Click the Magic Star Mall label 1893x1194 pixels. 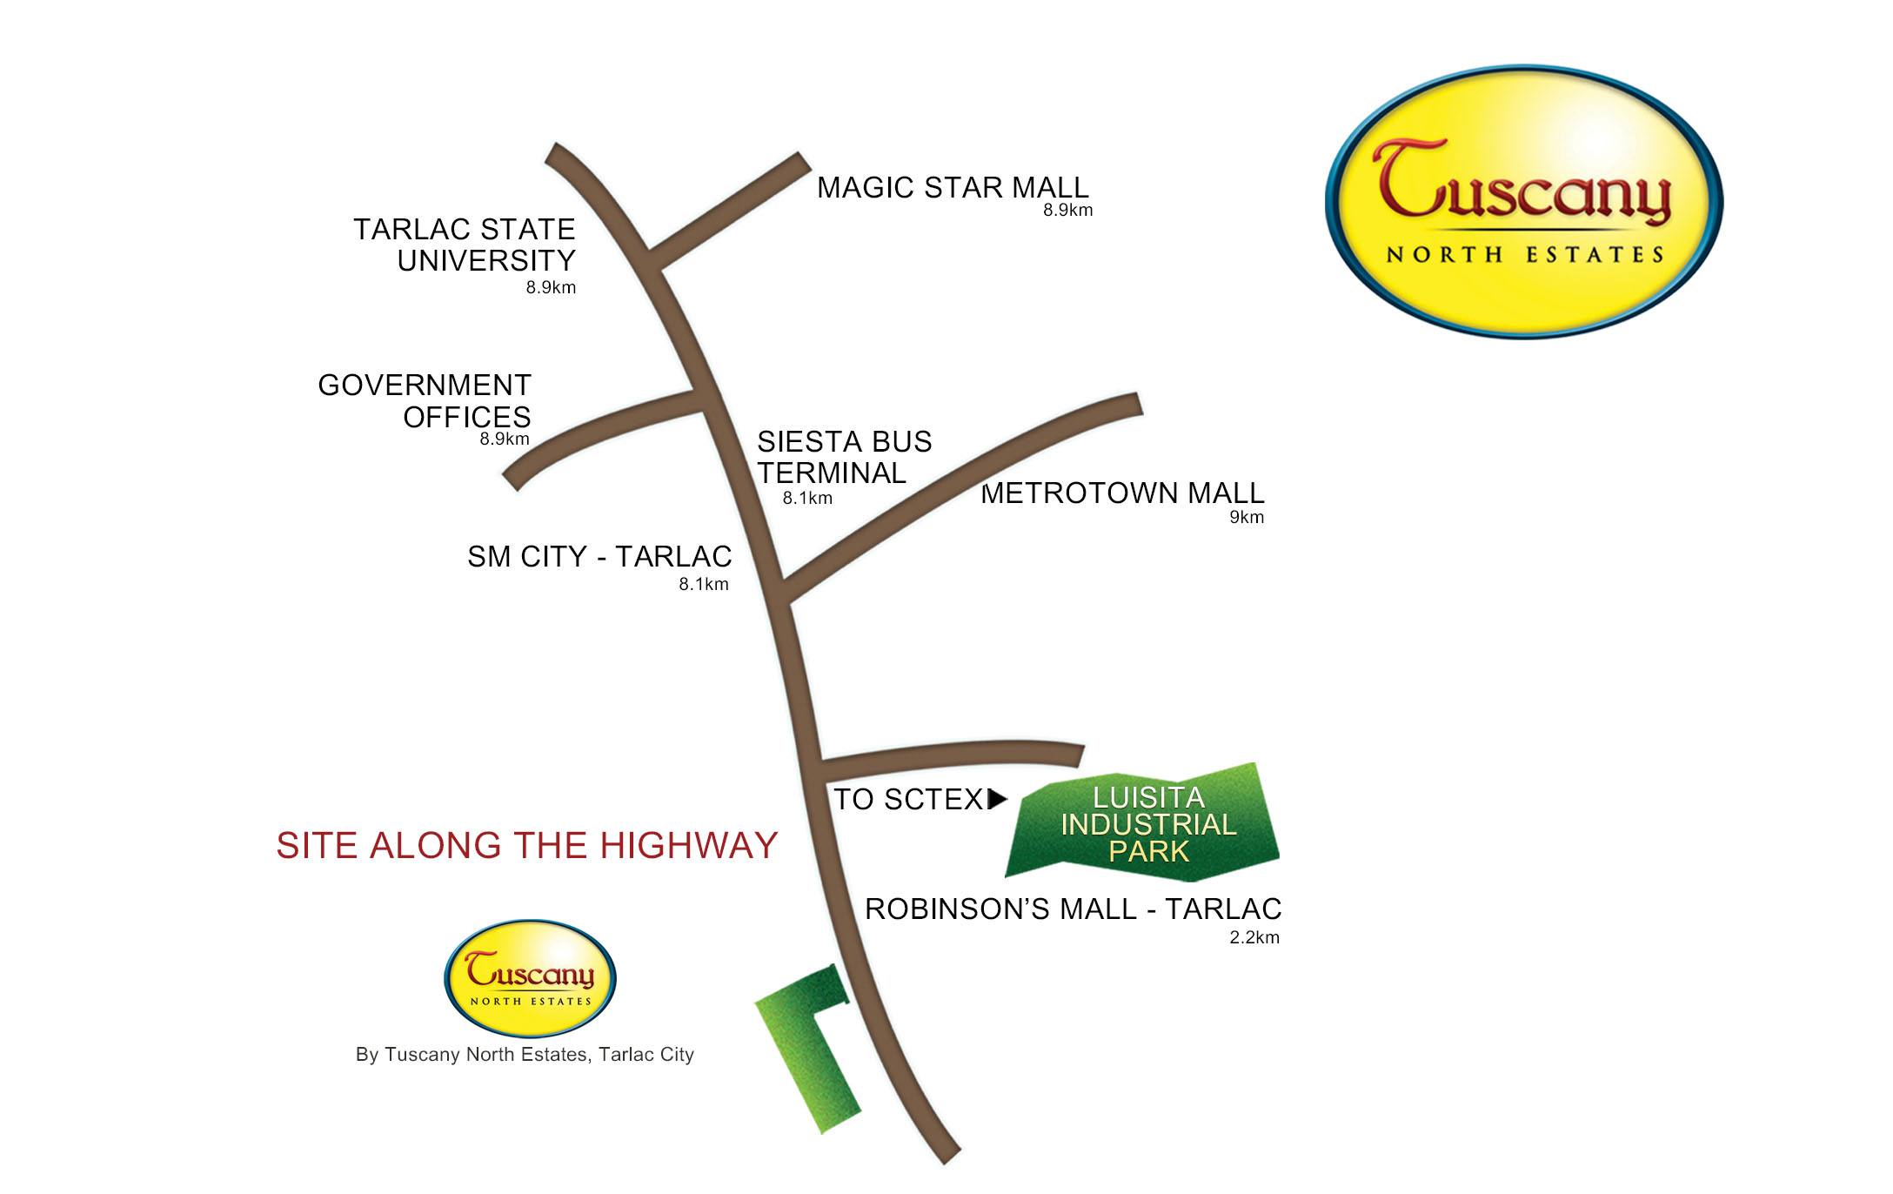click(952, 188)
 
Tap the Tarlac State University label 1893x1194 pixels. click(465, 245)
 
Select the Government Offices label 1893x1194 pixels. click(425, 400)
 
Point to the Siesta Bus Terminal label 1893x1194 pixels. click(843, 457)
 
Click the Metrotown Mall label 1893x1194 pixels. click(1122, 493)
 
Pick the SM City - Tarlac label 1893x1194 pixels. click(599, 557)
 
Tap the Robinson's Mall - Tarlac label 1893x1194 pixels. click(1073, 909)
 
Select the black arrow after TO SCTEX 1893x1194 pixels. click(997, 799)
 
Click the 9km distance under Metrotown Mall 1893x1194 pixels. click(1246, 518)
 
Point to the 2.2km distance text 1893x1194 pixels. click(1254, 937)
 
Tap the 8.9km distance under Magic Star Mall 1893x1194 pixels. click(1067, 211)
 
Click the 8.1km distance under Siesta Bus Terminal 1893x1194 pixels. click(807, 499)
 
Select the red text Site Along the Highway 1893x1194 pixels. click(526, 846)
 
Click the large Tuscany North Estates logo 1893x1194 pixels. click(1523, 202)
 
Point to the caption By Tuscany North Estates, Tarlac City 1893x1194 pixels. click(525, 1055)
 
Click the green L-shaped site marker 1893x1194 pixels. click(805, 1044)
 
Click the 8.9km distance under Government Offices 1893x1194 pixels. click(505, 439)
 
